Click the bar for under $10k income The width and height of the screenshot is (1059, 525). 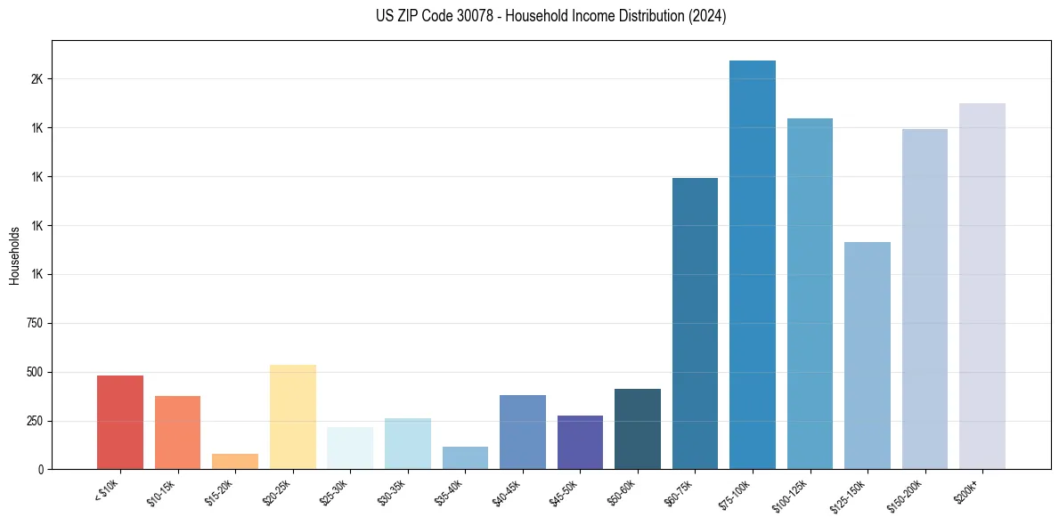120,423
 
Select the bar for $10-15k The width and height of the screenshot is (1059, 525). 177,432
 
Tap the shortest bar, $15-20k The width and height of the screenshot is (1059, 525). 235,462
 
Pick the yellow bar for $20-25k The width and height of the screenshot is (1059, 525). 292,416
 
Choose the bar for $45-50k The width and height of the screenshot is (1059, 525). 580,442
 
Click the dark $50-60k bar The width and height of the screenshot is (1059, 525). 638,429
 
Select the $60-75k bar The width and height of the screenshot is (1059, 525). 695,324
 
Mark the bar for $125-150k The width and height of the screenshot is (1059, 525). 868,356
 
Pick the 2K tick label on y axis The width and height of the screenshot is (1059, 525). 37,79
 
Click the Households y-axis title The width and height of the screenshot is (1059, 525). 14,254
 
